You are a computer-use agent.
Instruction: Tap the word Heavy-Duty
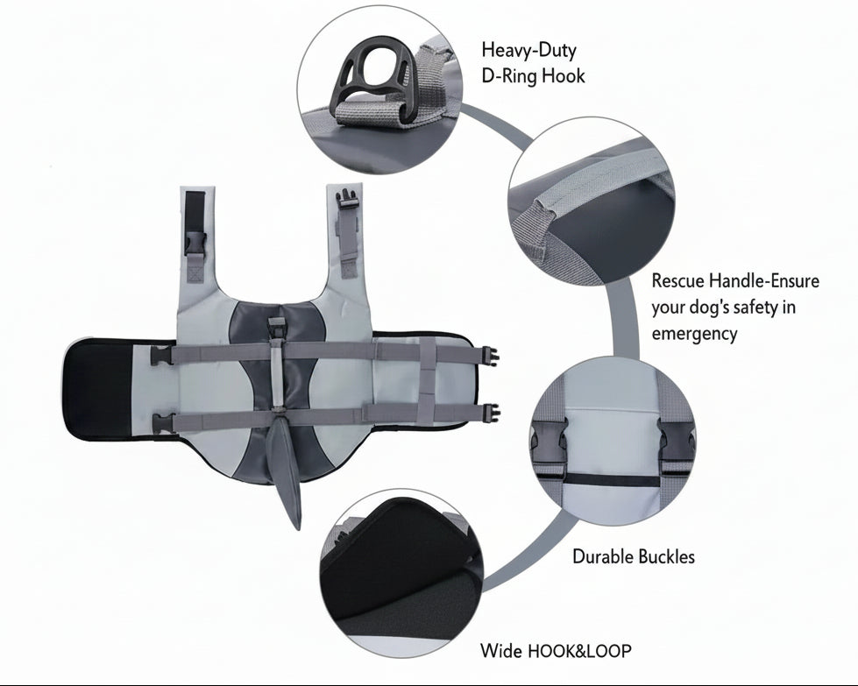[529, 50]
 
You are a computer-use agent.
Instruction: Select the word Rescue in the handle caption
[677, 280]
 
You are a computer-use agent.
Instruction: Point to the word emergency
[694, 333]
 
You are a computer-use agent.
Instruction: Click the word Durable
[603, 556]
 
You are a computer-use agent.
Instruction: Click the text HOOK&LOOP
[579, 651]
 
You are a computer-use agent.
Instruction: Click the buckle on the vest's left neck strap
[195, 244]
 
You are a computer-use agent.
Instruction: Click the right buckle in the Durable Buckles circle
[675, 443]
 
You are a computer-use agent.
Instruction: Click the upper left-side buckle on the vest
[161, 355]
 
